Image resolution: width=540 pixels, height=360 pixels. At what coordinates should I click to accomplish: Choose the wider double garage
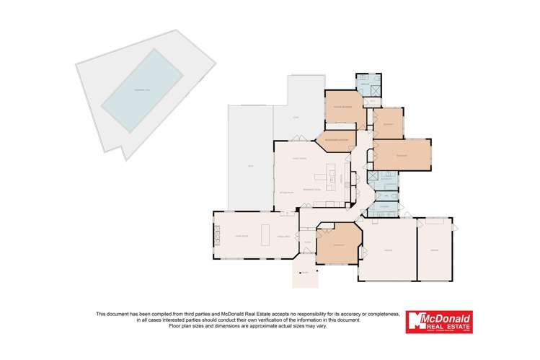[388, 250]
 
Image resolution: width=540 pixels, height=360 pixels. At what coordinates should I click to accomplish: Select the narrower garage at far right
[435, 250]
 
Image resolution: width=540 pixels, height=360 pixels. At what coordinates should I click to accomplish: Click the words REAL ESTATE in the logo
[447, 326]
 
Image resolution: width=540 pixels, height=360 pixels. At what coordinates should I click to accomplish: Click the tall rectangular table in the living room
[264, 234]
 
